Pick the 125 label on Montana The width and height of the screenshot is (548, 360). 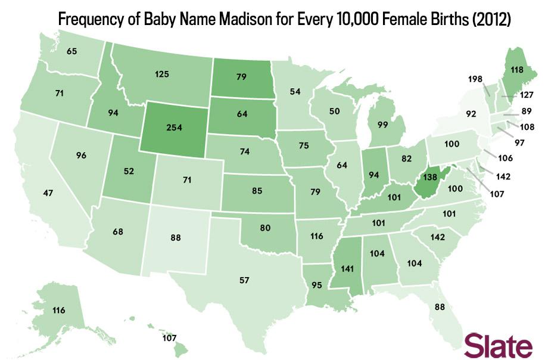(162, 75)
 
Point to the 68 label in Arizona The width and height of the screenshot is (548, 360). (117, 231)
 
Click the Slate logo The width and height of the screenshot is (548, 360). (499, 345)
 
